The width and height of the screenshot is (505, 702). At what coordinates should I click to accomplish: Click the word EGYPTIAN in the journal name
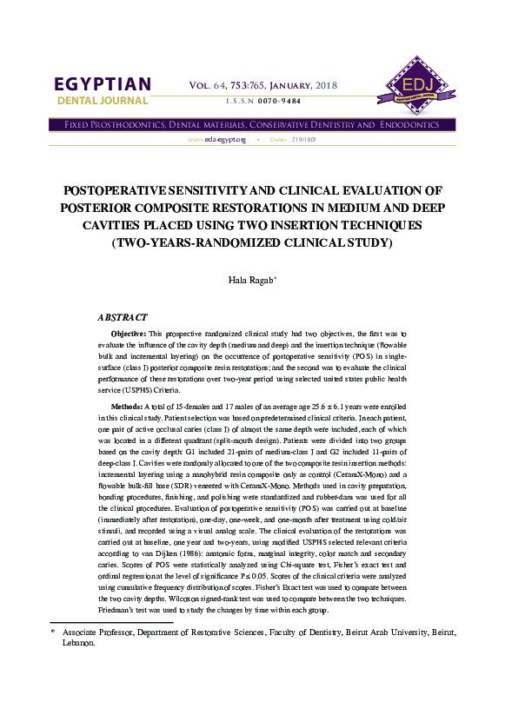tap(103, 84)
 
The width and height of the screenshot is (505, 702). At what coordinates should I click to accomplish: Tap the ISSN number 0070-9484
tap(276, 102)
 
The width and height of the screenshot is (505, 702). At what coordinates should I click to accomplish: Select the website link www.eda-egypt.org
tap(217, 140)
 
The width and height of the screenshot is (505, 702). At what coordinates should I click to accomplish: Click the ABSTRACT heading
tap(123, 318)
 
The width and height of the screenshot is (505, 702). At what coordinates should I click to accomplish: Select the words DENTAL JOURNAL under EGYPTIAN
tap(103, 102)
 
